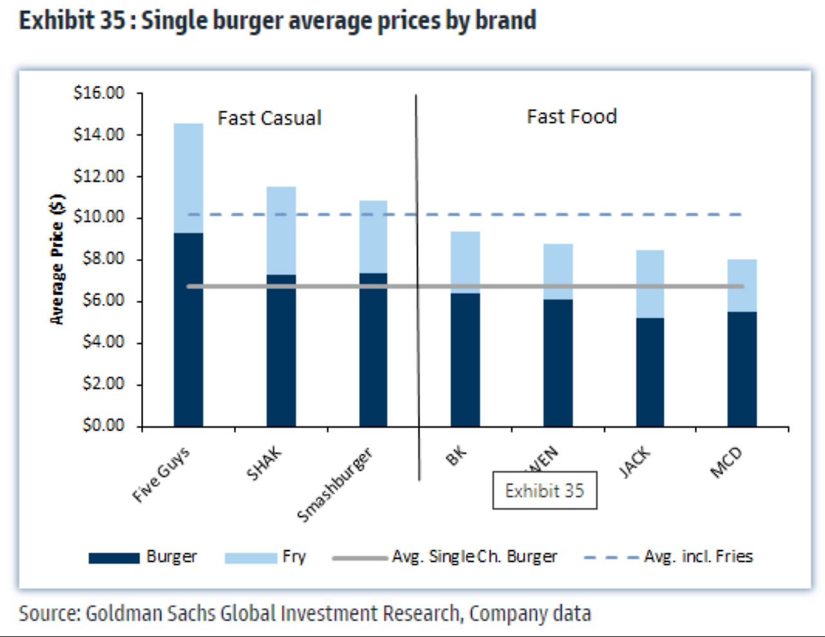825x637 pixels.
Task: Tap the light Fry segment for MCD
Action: coord(742,284)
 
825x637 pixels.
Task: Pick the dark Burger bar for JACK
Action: coord(650,374)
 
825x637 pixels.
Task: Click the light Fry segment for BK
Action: coord(465,258)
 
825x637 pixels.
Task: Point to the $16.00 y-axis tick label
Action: coord(99,93)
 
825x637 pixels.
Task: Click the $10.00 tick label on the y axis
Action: coord(99,217)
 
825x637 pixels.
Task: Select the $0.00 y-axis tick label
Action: coord(103,426)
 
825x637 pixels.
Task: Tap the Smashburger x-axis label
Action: coord(335,485)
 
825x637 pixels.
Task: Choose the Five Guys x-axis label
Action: coord(161,475)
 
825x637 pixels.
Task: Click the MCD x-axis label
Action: coord(726,462)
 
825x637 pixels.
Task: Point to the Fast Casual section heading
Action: coord(269,118)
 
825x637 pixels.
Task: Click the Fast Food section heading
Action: coord(572,117)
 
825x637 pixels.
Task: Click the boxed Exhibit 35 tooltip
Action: coord(545,491)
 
